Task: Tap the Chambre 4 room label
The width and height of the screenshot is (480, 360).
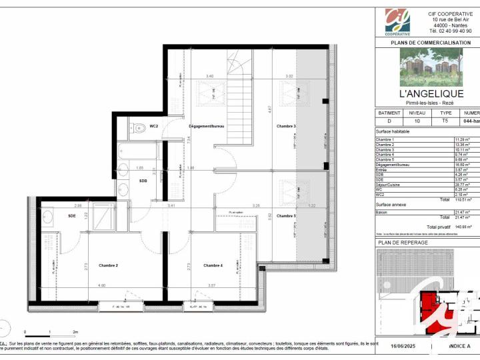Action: (213, 265)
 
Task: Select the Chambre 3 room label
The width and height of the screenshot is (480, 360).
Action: (286, 126)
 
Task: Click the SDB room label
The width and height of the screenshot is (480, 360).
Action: (143, 180)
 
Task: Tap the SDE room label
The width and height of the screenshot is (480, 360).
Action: (71, 215)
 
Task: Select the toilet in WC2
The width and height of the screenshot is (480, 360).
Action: (137, 127)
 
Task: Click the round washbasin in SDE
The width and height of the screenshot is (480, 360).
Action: (48, 216)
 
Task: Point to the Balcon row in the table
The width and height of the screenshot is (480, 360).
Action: (383, 211)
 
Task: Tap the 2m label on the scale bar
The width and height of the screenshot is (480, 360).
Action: (76, 331)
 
